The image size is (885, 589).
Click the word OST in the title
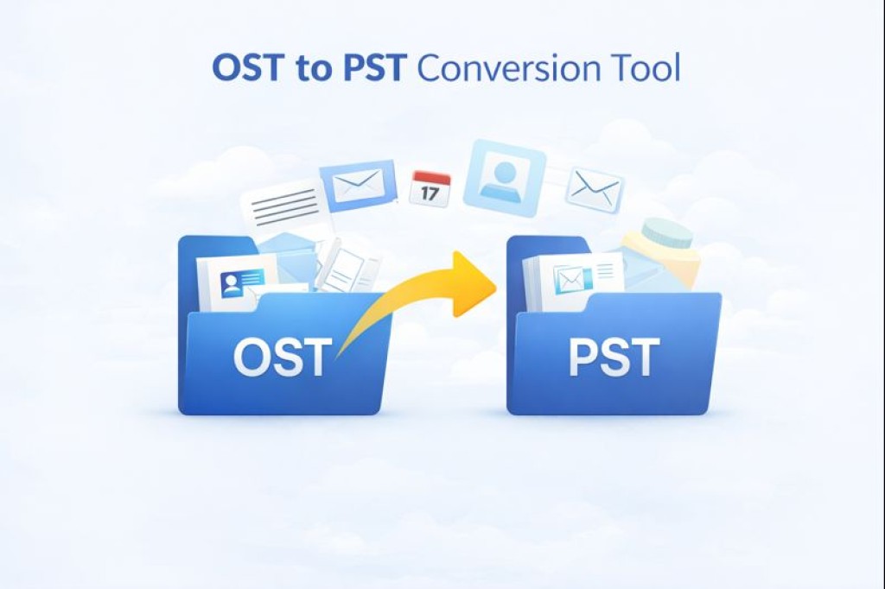tap(246, 67)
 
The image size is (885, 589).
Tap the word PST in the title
tap(374, 67)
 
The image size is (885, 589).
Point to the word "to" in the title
tap(312, 70)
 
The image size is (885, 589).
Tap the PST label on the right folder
tap(614, 357)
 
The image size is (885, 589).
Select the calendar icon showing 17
tap(431, 188)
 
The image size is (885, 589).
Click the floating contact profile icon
tap(505, 174)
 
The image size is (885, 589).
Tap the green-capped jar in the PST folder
tap(661, 252)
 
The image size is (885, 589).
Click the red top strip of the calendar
tap(431, 178)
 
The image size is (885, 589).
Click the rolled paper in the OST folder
tap(346, 265)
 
